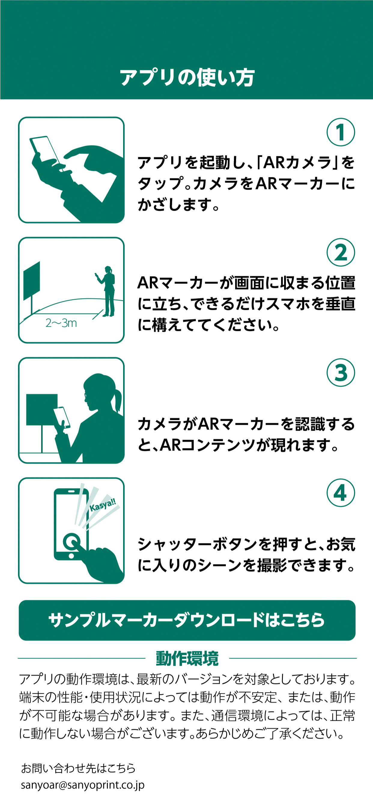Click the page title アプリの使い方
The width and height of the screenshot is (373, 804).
187,78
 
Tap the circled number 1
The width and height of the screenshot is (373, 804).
341,132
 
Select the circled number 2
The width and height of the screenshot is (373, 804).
341,252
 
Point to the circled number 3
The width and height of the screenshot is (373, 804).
341,372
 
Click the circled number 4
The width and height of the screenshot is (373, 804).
341,493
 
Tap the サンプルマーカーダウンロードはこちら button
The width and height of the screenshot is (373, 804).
187,620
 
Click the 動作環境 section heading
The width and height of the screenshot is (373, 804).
187,658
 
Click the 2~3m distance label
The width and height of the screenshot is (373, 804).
61,323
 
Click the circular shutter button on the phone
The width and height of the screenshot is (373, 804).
71,542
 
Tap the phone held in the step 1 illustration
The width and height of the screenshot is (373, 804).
45,150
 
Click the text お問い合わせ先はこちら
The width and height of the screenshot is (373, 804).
78,769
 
